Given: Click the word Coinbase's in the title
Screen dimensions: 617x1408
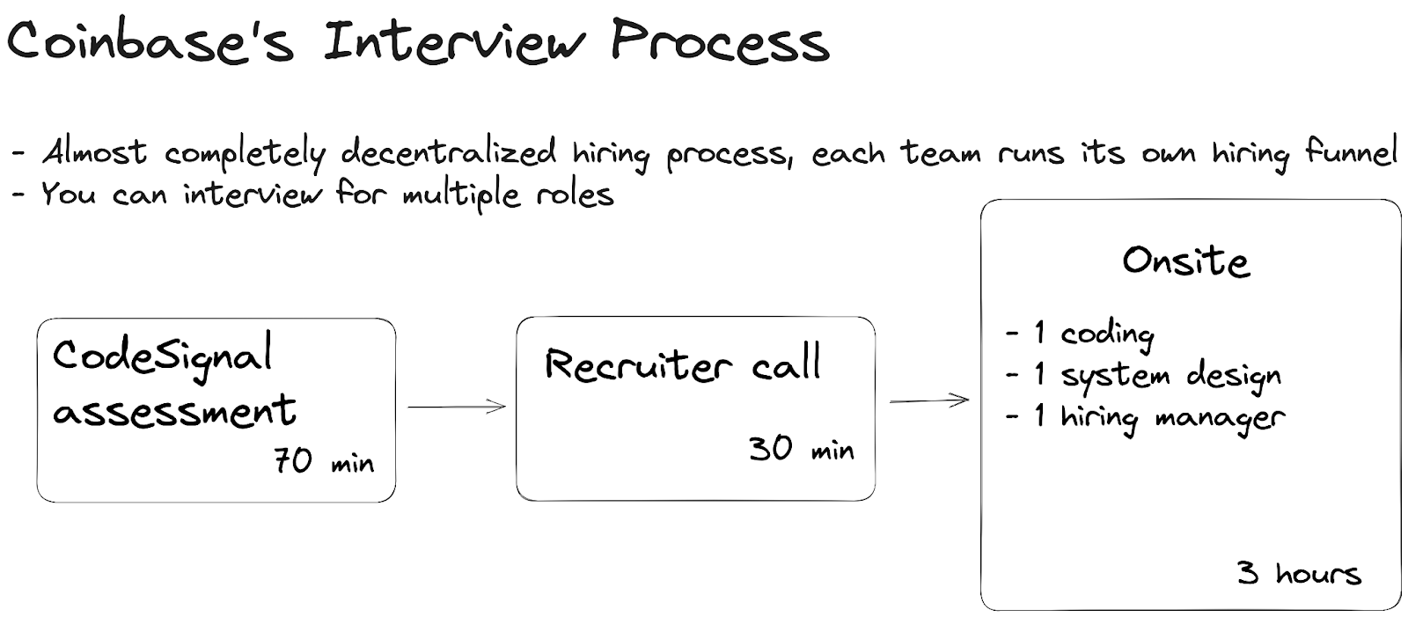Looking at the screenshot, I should pos(150,42).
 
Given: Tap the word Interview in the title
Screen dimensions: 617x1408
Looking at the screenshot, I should pos(452,42).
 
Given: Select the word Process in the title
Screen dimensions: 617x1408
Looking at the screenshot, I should pos(720,42).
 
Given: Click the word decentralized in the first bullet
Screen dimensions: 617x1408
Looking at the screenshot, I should pos(449,152).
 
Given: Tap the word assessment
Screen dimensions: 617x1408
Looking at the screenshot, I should pos(174,411).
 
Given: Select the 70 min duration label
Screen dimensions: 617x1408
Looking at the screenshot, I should pos(323,461).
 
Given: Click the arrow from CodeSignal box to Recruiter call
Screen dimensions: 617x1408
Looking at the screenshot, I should pos(457,407).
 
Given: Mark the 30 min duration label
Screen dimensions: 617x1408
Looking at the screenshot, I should pos(801,449).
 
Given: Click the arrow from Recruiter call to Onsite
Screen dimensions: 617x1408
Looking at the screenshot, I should pos(929,400).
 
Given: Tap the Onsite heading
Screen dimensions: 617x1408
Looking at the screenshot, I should pos(1185,261).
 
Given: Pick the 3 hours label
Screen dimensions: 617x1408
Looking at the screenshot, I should pos(1299,574).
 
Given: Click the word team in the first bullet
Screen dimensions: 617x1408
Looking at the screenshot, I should pos(941,152).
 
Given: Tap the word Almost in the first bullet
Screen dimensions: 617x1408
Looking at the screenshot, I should pos(95,152).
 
